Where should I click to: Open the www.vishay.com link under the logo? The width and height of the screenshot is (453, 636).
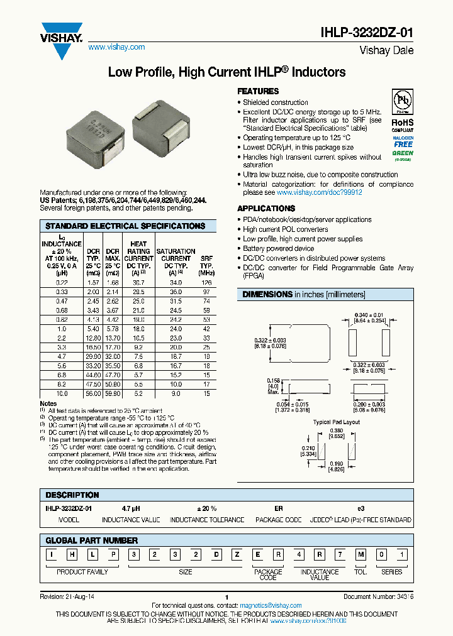click(x=116, y=47)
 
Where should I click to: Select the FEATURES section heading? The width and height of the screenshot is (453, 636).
click(x=258, y=91)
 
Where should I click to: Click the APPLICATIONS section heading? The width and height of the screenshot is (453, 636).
click(x=267, y=208)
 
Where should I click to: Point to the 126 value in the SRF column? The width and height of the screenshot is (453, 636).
click(x=206, y=283)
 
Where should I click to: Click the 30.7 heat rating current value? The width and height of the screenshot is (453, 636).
click(x=138, y=283)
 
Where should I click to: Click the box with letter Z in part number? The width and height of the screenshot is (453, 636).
click(x=237, y=554)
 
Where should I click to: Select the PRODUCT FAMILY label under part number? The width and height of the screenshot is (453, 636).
click(x=82, y=572)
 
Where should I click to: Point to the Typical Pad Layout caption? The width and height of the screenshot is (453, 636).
click(x=337, y=422)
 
